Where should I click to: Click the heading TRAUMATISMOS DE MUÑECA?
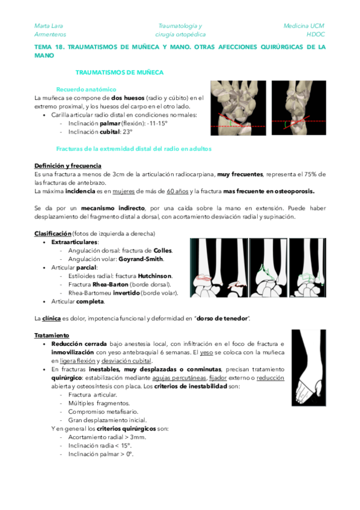[x=119, y=72]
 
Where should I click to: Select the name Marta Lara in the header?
[x=49, y=26]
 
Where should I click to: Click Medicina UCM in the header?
[x=304, y=26]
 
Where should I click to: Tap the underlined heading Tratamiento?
[x=52, y=335]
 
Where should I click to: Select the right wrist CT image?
[x=298, y=108]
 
